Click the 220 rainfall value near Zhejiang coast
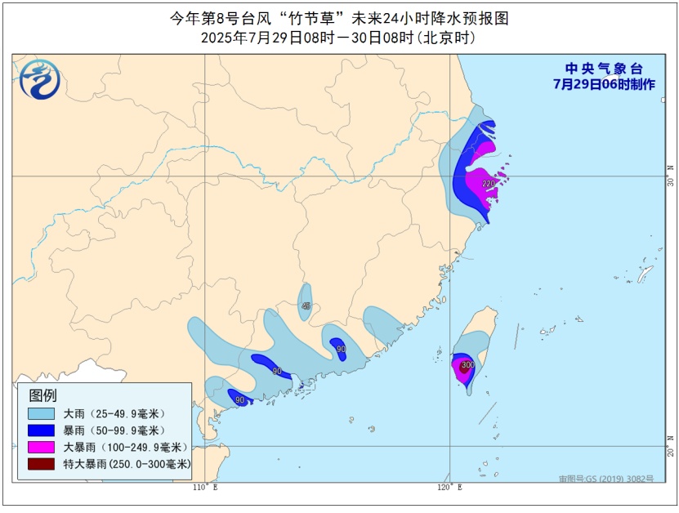tap(489, 183)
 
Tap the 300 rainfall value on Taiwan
tap(467, 364)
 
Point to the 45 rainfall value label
tap(306, 306)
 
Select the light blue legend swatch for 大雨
tap(42, 414)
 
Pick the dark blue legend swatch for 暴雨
tap(42, 430)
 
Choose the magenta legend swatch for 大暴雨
tap(42, 447)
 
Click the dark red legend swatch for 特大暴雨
tap(42, 463)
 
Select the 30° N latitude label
tap(670, 176)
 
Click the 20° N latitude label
tap(670, 448)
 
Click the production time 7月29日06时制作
tap(603, 84)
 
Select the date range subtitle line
tap(338, 38)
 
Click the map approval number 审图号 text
tap(606, 479)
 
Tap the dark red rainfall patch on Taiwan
tap(464, 367)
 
